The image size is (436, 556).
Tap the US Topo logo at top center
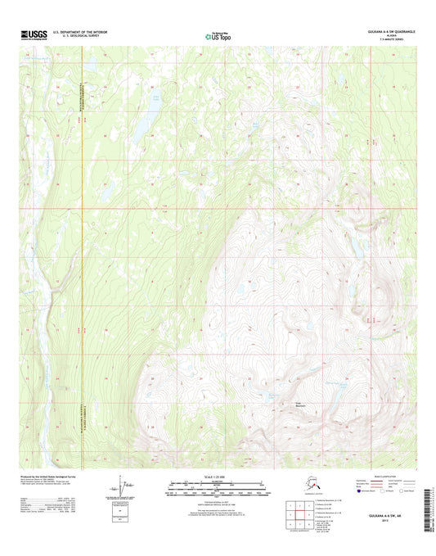(x=217, y=35)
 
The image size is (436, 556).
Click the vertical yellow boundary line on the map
(x=84, y=246)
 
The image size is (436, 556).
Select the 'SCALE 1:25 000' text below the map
(x=217, y=476)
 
